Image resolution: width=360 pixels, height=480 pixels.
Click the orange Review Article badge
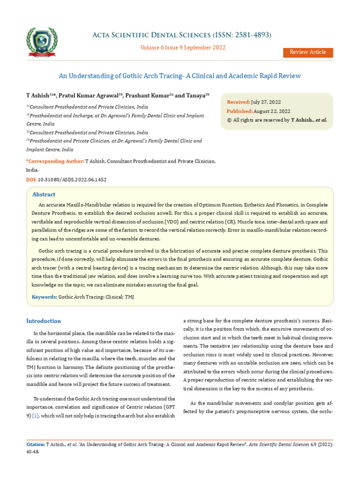(307, 52)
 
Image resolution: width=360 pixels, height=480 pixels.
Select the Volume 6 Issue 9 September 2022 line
(183, 47)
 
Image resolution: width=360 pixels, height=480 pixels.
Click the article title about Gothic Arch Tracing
(180, 75)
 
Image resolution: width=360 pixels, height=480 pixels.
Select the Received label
(238, 102)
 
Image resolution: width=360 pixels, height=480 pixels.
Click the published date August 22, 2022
(271, 111)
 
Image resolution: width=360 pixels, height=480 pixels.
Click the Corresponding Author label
(55, 161)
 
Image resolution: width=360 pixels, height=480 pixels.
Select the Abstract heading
(44, 195)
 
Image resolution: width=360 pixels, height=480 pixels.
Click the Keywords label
(44, 297)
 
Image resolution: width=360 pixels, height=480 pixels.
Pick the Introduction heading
(44, 321)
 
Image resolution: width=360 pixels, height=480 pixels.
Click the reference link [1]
(35, 416)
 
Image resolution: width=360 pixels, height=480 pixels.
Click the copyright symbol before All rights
(229, 120)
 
